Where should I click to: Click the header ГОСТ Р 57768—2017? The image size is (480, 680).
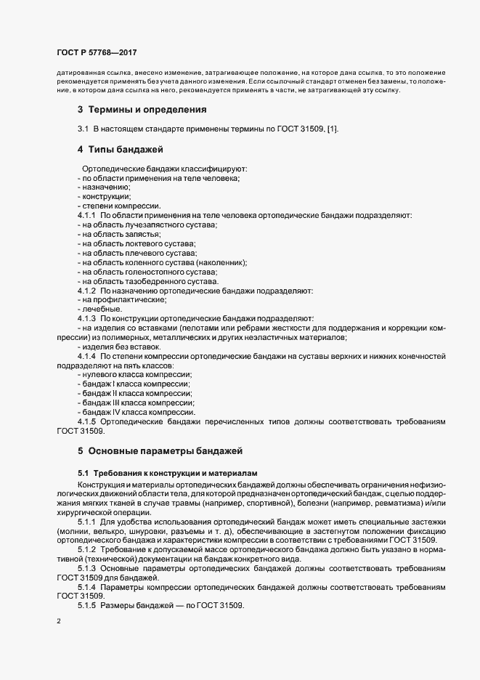pyautogui.click(x=96, y=52)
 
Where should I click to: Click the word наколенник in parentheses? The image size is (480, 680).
pyautogui.click(x=221, y=262)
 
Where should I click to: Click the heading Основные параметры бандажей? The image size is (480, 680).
pyautogui.click(x=166, y=450)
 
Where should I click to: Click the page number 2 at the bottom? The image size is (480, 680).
pyautogui.click(x=59, y=622)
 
